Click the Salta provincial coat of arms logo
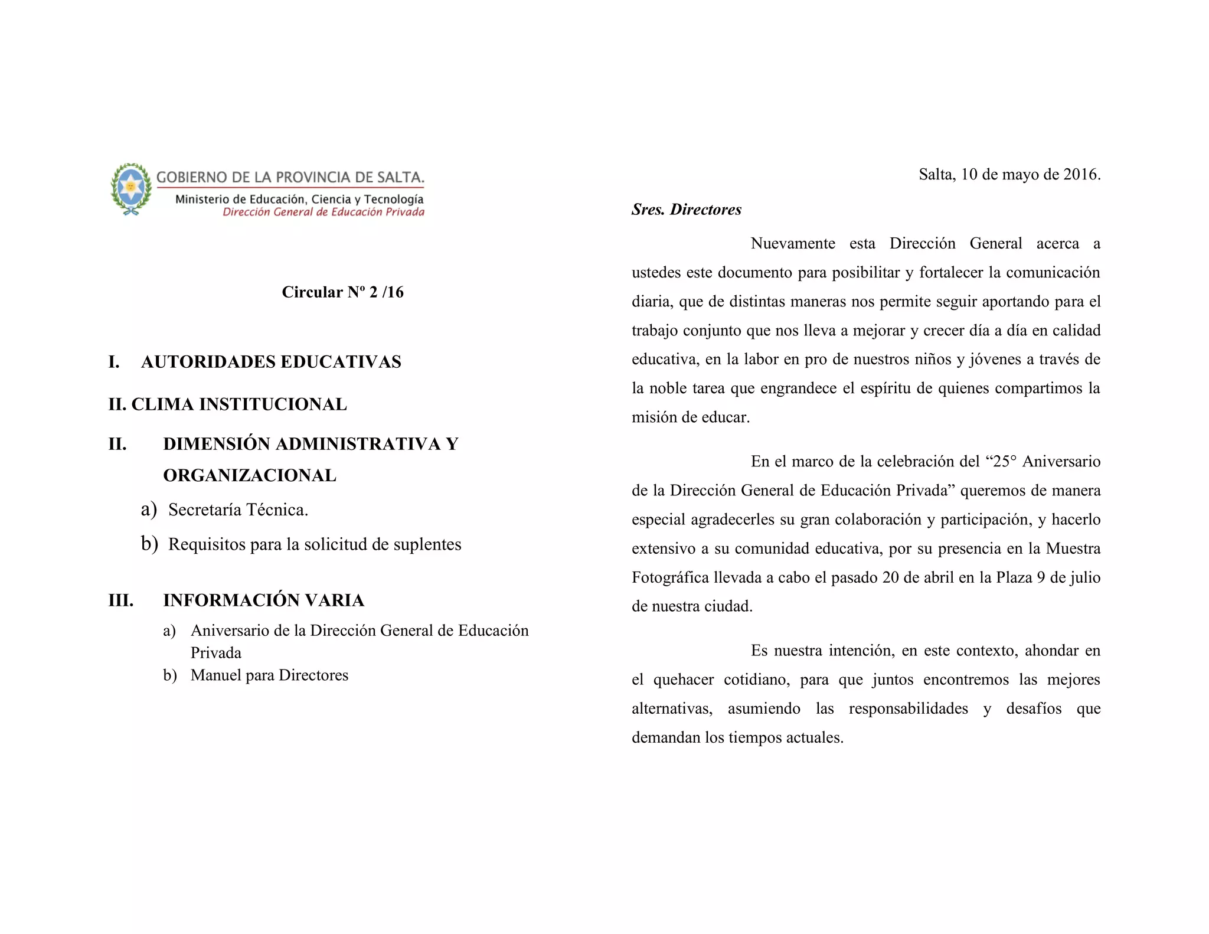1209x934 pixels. click(x=131, y=188)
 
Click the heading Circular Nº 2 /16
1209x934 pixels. click(x=342, y=292)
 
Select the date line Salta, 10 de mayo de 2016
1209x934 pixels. click(x=1009, y=175)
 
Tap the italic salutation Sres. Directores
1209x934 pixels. click(x=686, y=210)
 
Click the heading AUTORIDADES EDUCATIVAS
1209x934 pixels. click(x=271, y=362)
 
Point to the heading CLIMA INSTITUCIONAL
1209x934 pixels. click(x=239, y=404)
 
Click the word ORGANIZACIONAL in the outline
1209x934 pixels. click(x=250, y=475)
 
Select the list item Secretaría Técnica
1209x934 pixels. click(x=238, y=510)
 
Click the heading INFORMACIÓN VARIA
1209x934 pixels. click(x=263, y=600)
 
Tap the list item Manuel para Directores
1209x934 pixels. click(x=269, y=675)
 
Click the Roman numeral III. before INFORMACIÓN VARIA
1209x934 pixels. click(x=121, y=600)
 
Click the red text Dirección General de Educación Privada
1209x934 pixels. click(x=324, y=212)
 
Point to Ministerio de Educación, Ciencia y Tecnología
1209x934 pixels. click(x=299, y=200)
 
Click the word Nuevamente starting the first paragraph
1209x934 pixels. click(x=793, y=244)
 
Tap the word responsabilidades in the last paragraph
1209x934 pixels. click(x=908, y=708)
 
